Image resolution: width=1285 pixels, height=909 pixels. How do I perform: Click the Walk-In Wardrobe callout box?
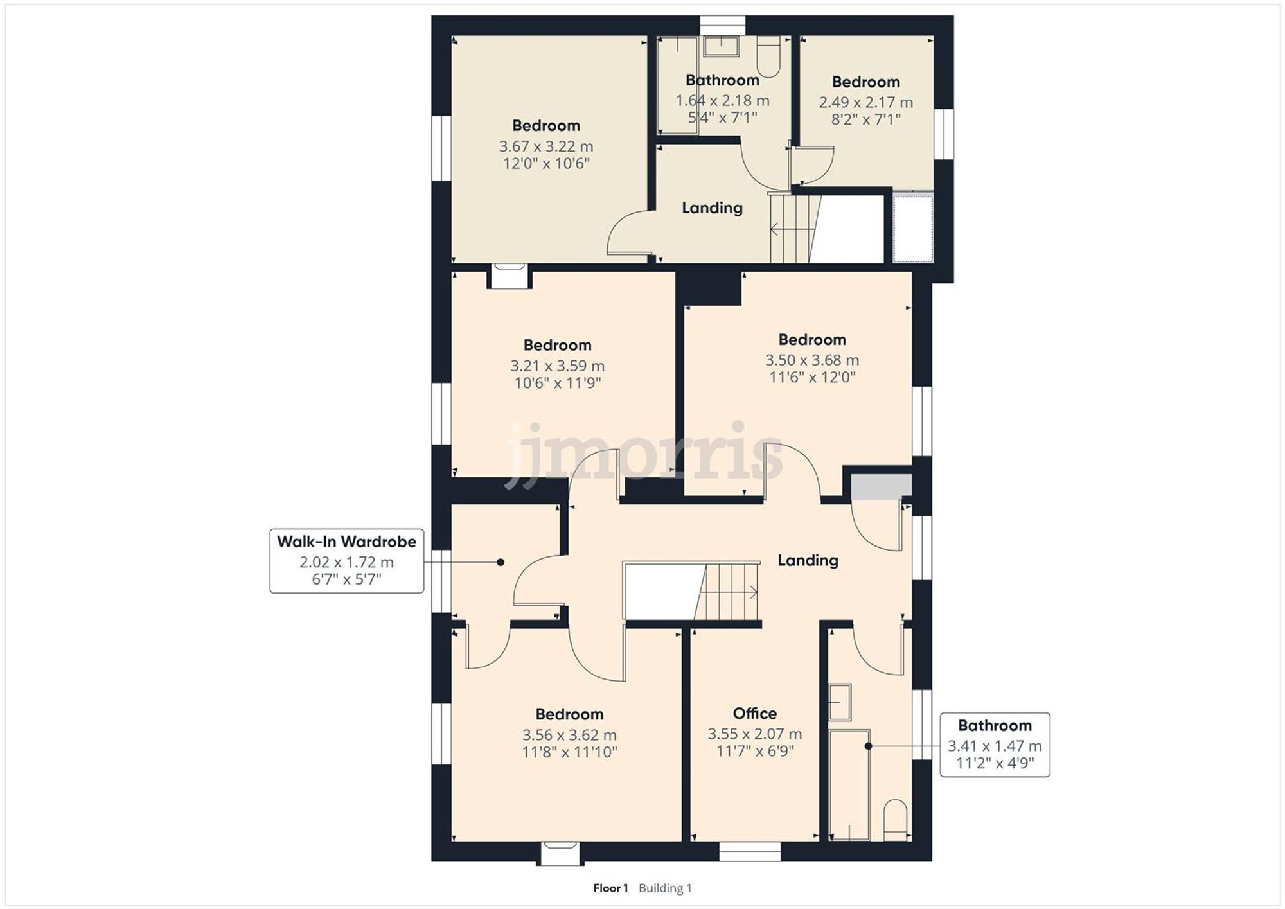(x=346, y=560)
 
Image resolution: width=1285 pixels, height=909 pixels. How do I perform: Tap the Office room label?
(x=755, y=713)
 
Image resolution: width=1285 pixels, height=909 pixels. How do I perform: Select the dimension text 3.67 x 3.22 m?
(x=546, y=146)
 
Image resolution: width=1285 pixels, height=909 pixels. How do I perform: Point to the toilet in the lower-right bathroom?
(x=894, y=821)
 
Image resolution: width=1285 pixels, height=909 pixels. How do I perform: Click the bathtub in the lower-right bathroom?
(x=849, y=784)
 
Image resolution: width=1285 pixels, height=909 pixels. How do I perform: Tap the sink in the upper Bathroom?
(x=722, y=46)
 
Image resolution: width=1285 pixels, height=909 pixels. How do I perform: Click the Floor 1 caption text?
(x=610, y=888)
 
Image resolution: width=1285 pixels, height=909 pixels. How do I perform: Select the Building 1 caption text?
(x=665, y=888)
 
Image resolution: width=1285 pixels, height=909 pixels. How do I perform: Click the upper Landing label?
(x=712, y=208)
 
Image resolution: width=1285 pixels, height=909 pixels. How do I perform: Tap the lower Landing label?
(x=808, y=560)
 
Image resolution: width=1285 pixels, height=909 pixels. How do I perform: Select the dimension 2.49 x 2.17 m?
(x=865, y=102)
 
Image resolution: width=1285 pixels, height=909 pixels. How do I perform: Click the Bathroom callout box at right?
(x=995, y=745)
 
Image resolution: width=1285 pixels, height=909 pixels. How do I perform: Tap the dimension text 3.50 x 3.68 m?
(x=812, y=360)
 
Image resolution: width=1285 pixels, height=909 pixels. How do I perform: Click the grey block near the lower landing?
(x=881, y=486)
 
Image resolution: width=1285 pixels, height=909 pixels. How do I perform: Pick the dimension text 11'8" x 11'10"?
(x=569, y=752)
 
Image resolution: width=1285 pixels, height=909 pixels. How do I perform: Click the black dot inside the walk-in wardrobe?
(x=501, y=562)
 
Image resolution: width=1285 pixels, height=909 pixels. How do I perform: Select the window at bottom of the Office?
(x=750, y=851)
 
